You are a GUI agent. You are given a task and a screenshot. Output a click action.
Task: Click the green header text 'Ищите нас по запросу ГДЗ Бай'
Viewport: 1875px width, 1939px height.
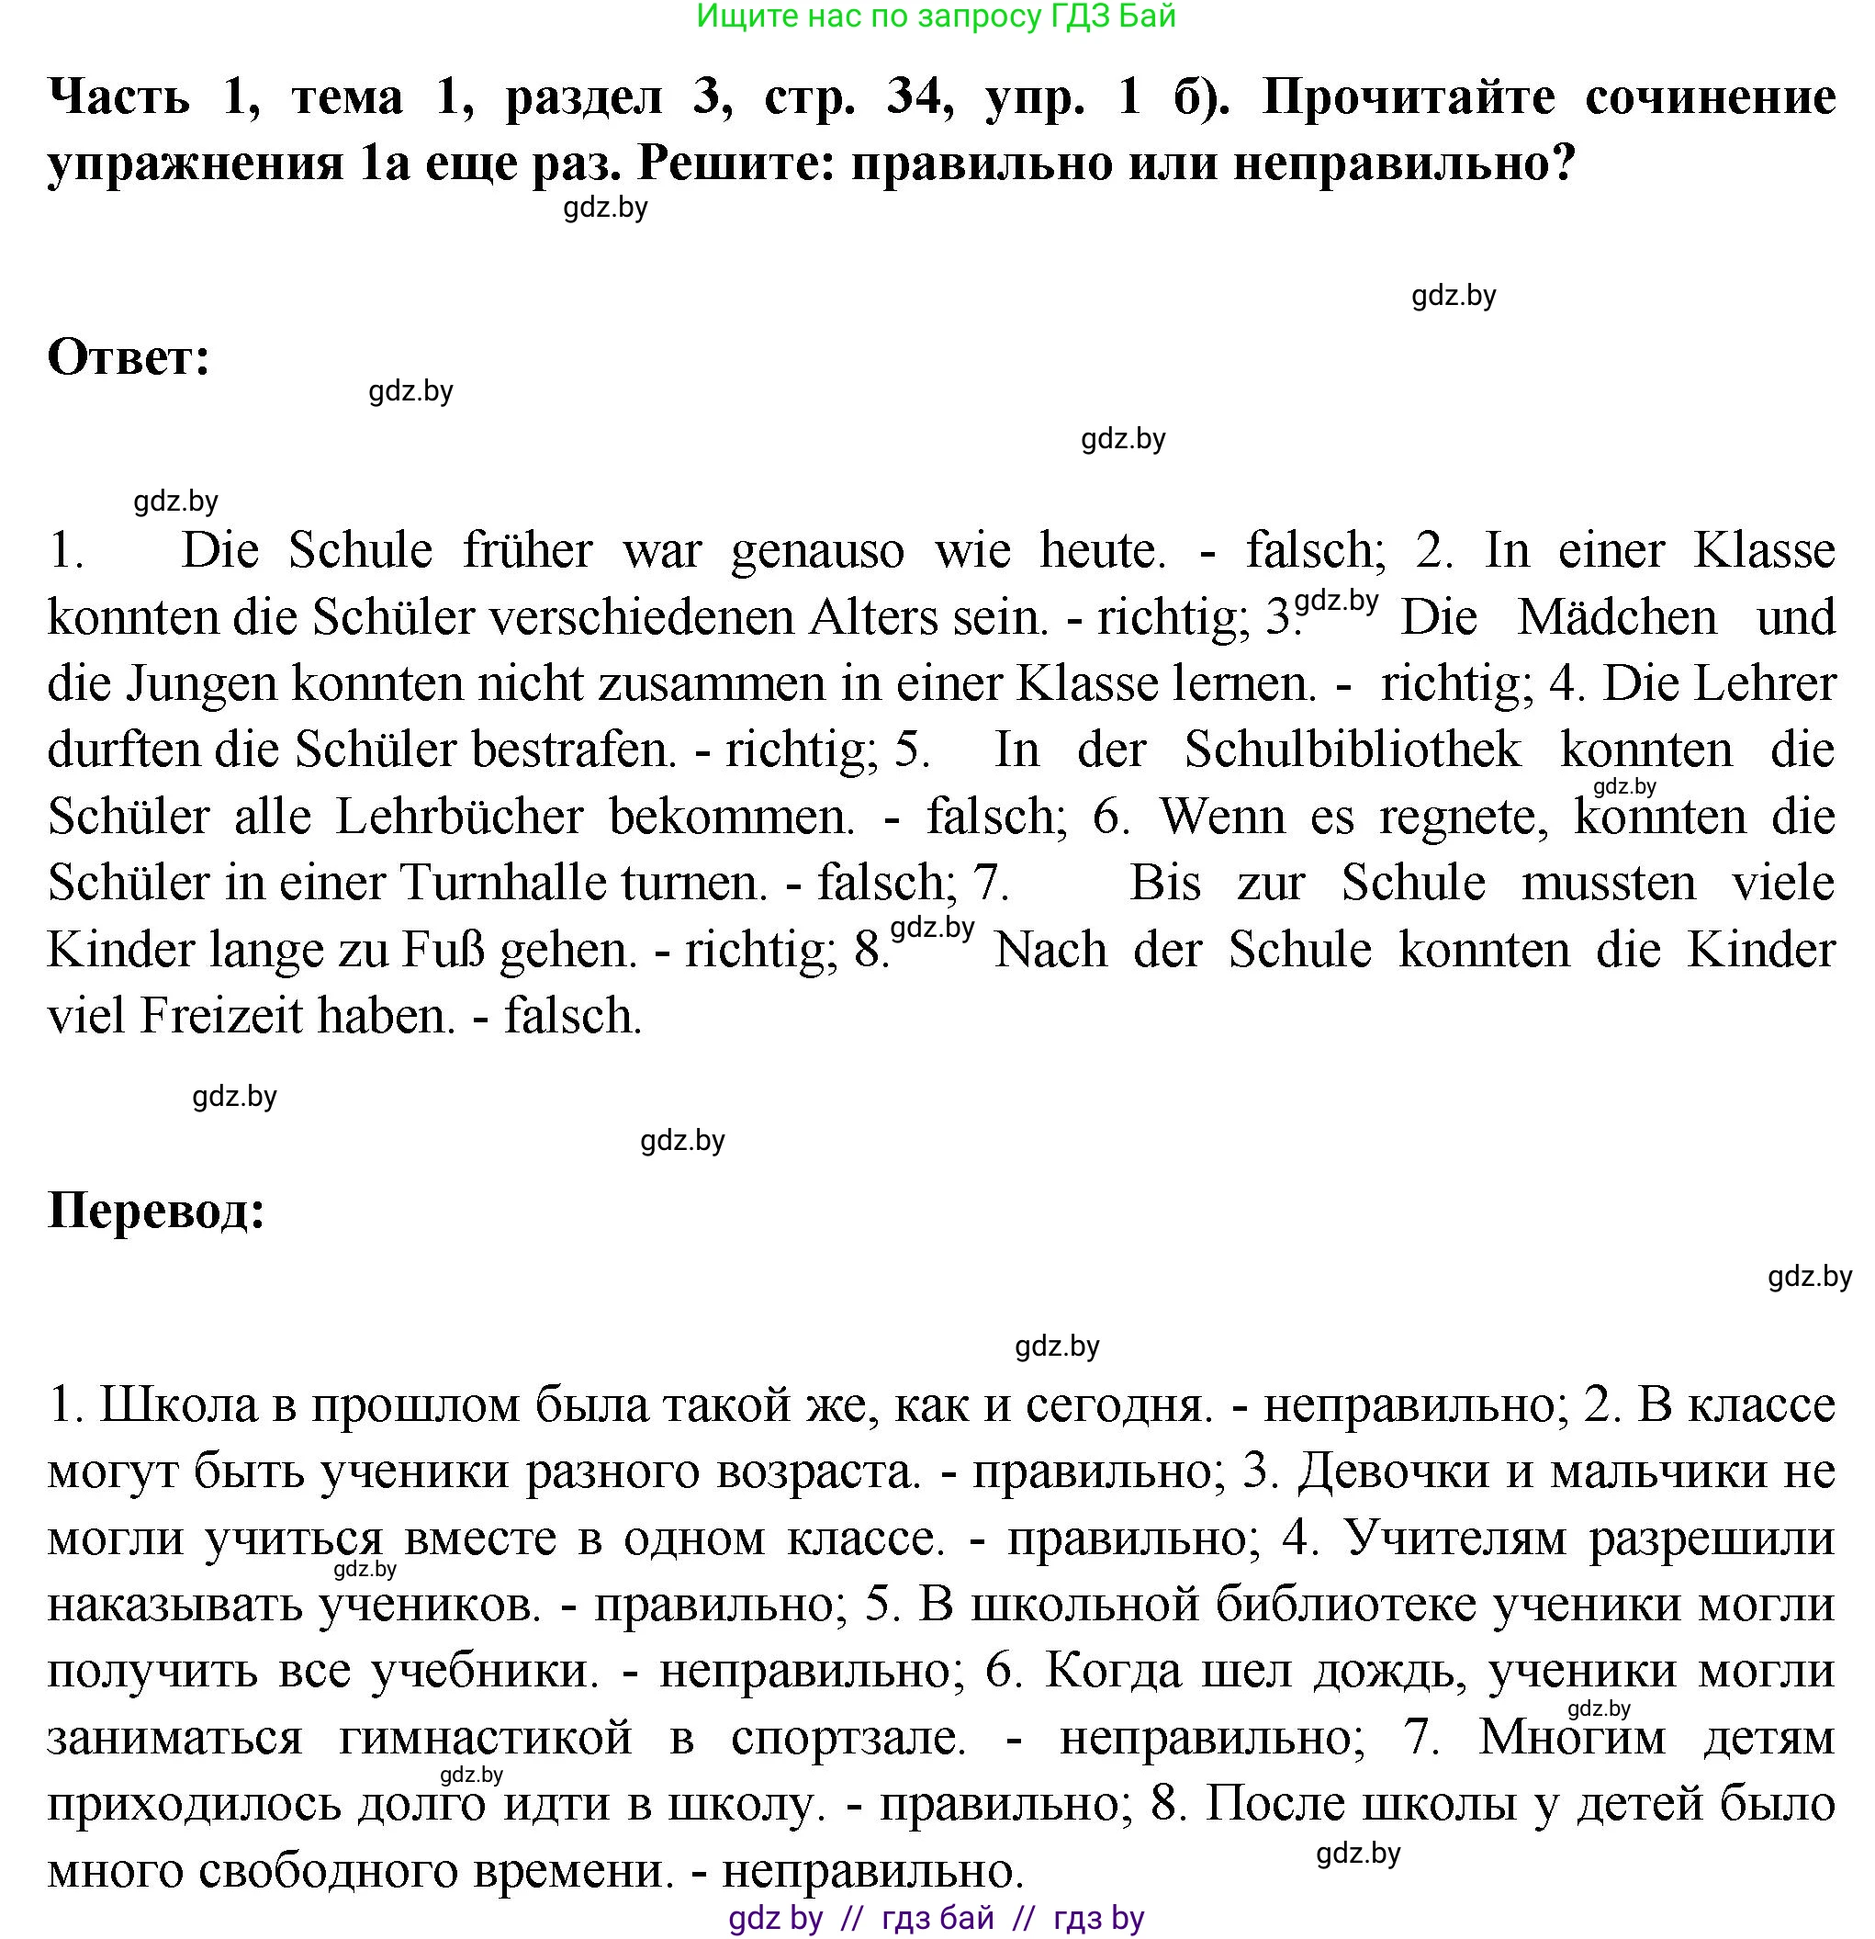click(936, 16)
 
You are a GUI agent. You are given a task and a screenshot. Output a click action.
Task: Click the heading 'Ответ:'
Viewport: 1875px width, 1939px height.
click(129, 358)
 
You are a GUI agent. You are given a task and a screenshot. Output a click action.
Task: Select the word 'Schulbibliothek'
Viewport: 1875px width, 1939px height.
click(1352, 750)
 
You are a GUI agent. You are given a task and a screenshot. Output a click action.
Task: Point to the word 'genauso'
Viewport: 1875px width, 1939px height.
click(817, 551)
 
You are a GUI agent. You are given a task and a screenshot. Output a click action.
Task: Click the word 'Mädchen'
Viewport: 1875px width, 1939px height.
click(1617, 617)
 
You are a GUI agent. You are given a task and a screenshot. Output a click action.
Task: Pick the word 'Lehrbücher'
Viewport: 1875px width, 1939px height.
click(459, 817)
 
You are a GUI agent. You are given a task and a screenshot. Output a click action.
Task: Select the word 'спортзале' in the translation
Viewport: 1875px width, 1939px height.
click(848, 1738)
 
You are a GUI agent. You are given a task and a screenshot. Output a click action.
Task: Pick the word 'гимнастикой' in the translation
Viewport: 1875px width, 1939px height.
click(485, 1738)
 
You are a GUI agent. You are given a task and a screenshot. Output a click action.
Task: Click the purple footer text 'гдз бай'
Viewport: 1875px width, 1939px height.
click(937, 1918)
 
